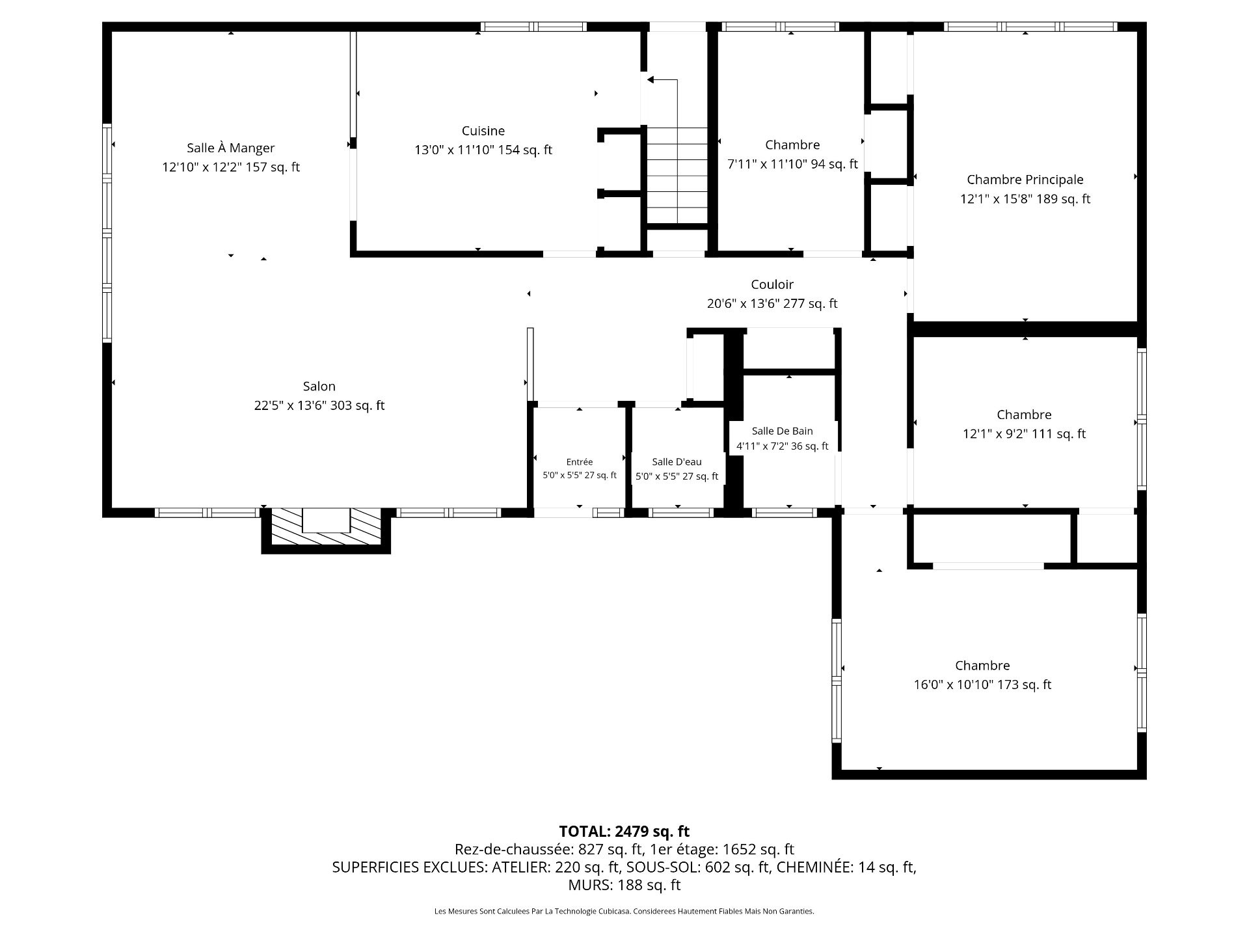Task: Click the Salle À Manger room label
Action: (x=231, y=148)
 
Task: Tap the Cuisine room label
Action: (x=483, y=131)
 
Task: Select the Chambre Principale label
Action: (x=1025, y=180)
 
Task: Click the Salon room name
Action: (x=319, y=387)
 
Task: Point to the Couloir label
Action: (x=772, y=284)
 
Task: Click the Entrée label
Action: (x=580, y=462)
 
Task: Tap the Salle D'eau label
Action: (x=677, y=462)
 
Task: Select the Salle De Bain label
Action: (x=783, y=431)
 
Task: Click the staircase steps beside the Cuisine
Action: (x=677, y=176)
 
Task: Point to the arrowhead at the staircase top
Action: (x=651, y=80)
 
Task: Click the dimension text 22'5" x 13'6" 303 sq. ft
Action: (x=319, y=405)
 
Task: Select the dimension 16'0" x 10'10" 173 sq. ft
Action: (x=982, y=685)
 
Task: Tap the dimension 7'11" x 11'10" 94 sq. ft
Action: (x=792, y=164)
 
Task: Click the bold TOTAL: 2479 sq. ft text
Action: (x=624, y=831)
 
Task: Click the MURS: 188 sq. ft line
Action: (x=624, y=885)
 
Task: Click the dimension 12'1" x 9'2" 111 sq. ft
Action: (x=1025, y=434)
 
